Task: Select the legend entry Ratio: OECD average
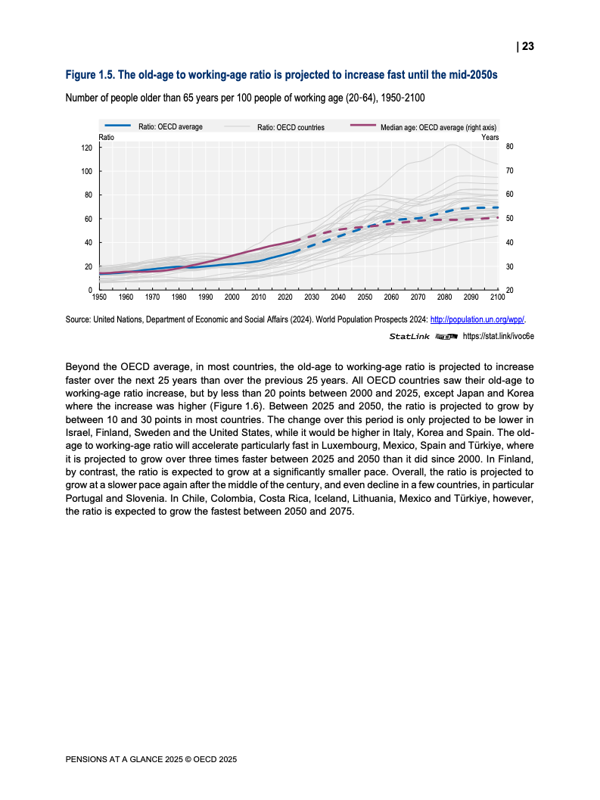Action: [x=170, y=126]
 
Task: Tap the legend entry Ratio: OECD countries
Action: [x=291, y=127]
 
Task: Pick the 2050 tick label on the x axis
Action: [x=365, y=297]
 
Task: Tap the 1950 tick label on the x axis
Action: [x=99, y=297]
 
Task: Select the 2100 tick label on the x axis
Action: [x=498, y=297]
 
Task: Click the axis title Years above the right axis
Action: [x=490, y=137]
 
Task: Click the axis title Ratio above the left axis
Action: [x=107, y=137]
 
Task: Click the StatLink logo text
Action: [x=409, y=335]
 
